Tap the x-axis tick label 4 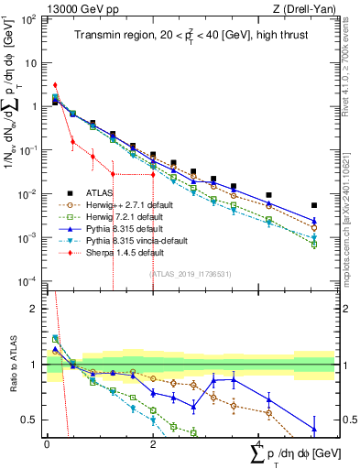260,444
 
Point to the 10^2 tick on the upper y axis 30,19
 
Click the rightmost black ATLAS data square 314,205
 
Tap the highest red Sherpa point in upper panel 56,85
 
